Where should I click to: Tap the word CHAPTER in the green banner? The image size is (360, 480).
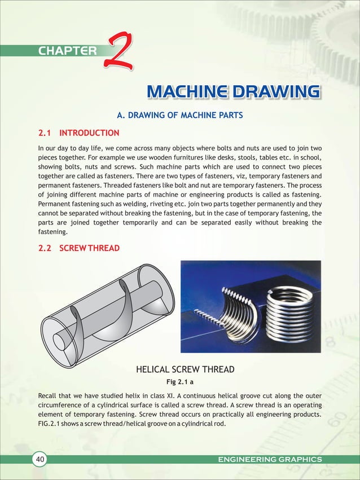pos(68,51)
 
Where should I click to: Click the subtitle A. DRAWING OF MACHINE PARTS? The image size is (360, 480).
pos(179,116)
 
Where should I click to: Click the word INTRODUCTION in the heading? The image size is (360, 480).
pos(89,134)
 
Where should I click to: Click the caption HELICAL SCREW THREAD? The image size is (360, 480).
pos(185,370)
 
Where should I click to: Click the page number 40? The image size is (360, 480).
pos(40,460)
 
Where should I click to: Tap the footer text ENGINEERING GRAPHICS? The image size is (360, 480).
pos(270,460)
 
